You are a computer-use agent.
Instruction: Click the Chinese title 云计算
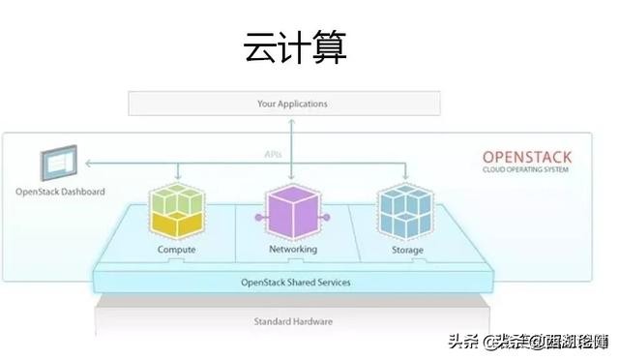click(x=293, y=45)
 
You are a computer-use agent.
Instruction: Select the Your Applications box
click(x=292, y=103)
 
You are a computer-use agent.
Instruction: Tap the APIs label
click(x=274, y=154)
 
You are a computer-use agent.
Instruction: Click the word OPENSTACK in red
click(x=527, y=157)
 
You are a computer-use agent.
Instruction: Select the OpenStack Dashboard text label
click(x=60, y=192)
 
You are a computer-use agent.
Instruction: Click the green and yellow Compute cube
click(x=176, y=210)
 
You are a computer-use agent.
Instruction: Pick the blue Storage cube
click(x=404, y=210)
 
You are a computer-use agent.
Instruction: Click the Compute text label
click(x=176, y=250)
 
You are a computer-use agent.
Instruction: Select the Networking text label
click(x=292, y=250)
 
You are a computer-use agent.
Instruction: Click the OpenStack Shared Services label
click(x=296, y=283)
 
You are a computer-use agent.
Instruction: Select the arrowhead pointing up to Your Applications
click(x=292, y=120)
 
